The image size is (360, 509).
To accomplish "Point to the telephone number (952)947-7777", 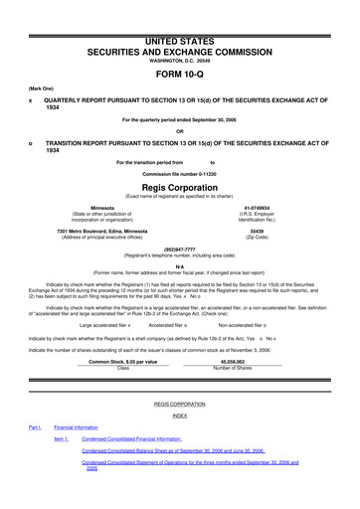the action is (x=179, y=250).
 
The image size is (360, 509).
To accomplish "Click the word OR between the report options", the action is (x=179, y=131).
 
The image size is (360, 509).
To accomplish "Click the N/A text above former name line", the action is (x=179, y=265).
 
